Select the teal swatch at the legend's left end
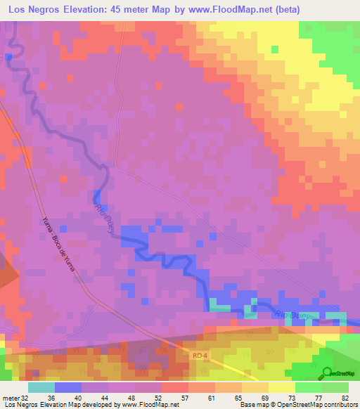pyautogui.click(x=41, y=387)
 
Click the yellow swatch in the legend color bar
pyautogui.click(x=281, y=387)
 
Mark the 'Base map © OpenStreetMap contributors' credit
pyautogui.click(x=298, y=404)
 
